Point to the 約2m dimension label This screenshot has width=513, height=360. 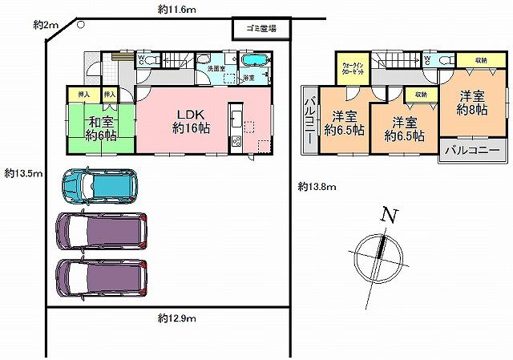point(46,26)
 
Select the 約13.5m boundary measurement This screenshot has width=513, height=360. point(22,173)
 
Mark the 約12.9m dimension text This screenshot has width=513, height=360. point(177,318)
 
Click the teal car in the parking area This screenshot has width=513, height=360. point(98,186)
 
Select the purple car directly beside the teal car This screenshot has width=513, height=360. point(102,233)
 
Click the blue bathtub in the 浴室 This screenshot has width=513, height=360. point(256,62)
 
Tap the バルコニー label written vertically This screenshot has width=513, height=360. point(309,120)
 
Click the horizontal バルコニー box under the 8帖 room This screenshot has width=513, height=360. point(472,151)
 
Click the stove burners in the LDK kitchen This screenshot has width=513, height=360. point(236,144)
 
